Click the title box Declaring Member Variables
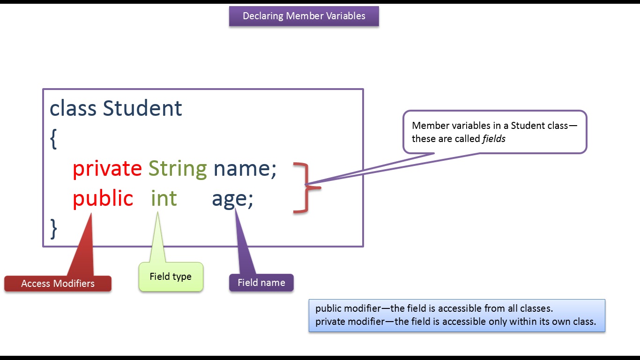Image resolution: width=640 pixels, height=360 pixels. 304,16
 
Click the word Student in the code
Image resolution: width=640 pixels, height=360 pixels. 142,108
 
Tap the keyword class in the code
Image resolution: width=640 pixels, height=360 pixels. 73,108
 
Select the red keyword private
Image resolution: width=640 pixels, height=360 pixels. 107,169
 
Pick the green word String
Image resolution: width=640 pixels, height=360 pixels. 178,169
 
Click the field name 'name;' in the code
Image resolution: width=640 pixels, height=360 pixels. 245,169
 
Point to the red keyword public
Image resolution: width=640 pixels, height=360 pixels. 103,198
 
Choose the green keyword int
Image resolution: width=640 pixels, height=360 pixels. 164,198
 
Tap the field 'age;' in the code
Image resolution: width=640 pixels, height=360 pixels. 232,200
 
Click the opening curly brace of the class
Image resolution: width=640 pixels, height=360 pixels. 53,139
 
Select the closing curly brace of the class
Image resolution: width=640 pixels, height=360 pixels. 53,229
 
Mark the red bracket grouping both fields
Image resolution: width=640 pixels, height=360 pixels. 307,188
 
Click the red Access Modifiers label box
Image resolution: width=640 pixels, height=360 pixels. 58,284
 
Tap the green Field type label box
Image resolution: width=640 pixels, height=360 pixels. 171,277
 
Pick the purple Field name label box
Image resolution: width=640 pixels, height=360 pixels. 261,283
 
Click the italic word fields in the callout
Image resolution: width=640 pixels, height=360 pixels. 494,139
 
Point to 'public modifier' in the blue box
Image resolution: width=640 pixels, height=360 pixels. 348,308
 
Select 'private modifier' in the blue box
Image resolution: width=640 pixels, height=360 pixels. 350,322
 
